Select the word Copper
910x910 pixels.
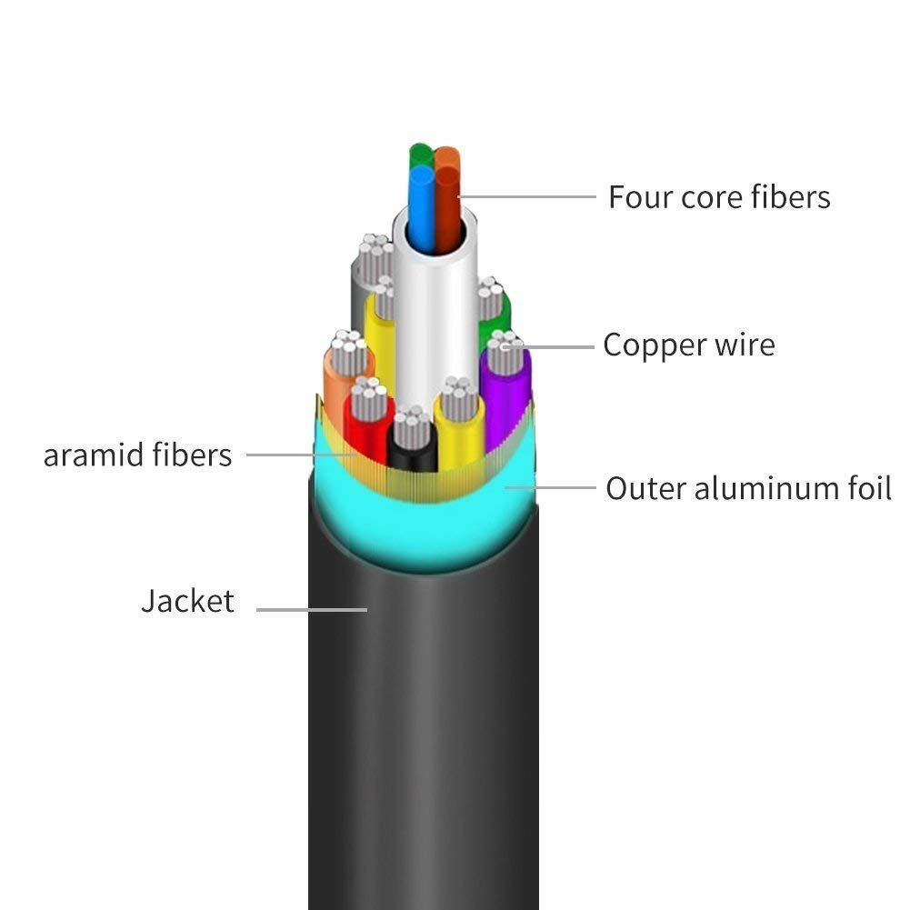coord(647,345)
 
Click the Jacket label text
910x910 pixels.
coord(187,601)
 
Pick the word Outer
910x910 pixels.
coord(645,488)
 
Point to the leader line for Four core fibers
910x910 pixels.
coord(527,195)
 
